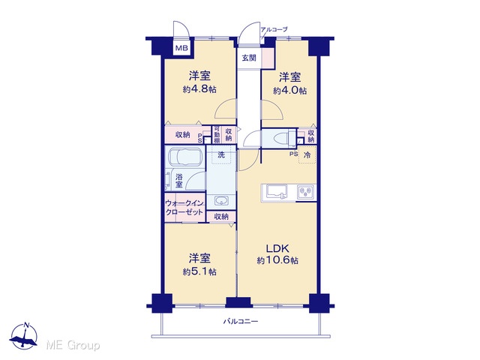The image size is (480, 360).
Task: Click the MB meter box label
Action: click(x=181, y=48)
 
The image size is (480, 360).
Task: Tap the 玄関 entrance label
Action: click(x=249, y=58)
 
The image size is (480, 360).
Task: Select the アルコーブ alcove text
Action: click(x=274, y=30)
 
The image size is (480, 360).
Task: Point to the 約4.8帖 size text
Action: click(x=199, y=89)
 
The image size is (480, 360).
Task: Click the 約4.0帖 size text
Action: click(x=289, y=91)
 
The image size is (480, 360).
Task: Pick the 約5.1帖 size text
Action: click(x=199, y=271)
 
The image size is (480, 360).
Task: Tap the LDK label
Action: click(x=277, y=248)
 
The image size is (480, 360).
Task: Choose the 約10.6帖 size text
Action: click(x=277, y=260)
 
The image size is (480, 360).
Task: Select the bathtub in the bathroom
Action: click(x=184, y=157)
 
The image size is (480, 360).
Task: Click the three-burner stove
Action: click(x=306, y=193)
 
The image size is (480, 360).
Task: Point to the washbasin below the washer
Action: click(x=220, y=201)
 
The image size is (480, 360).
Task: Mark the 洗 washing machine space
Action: click(x=221, y=155)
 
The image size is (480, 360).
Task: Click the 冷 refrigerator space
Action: click(x=307, y=155)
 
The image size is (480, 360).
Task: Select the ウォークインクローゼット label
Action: click(x=184, y=208)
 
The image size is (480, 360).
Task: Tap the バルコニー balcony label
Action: click(x=241, y=322)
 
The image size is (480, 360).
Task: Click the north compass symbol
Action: click(x=23, y=336)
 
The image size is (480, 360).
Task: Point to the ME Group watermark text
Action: click(x=73, y=346)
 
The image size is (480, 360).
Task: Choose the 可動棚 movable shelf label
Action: click(x=217, y=135)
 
